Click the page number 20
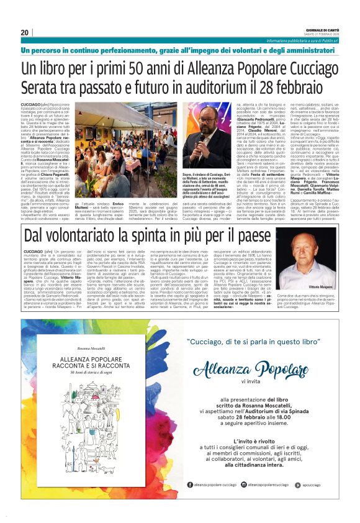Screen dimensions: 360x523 point(25,32)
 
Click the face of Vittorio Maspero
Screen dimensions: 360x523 point(319,259)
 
